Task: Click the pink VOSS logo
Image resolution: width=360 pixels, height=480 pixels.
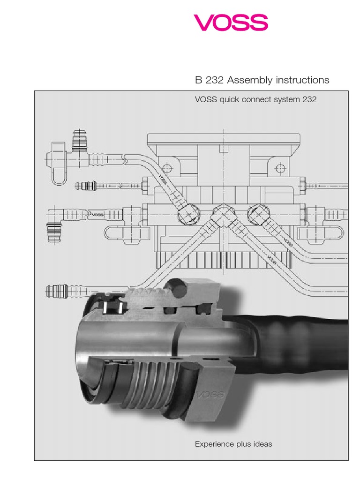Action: tap(231, 22)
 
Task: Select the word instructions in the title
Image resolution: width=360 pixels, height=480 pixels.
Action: tap(301, 80)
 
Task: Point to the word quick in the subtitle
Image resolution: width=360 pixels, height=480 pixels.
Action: tap(232, 100)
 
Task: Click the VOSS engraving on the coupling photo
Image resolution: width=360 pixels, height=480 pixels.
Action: tap(210, 395)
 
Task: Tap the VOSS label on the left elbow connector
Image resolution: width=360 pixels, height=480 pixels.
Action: tap(97, 215)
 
